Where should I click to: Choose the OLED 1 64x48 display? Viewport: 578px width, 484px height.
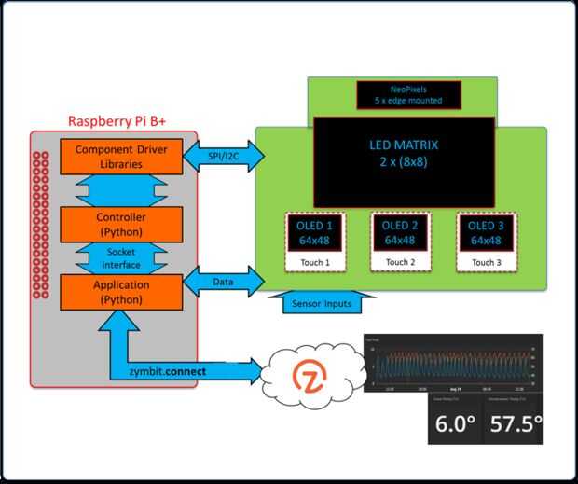(x=310, y=233)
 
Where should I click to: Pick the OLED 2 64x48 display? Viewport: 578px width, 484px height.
(x=399, y=233)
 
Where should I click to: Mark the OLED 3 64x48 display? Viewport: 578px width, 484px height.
(x=483, y=233)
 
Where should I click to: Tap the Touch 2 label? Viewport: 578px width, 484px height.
(x=399, y=263)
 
